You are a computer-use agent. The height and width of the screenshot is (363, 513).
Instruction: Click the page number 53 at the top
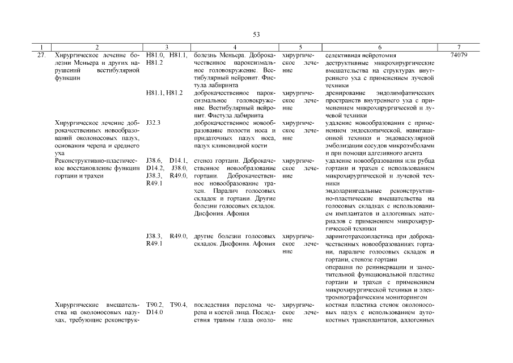(x=256, y=35)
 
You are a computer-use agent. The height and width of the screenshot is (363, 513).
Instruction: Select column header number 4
(x=235, y=47)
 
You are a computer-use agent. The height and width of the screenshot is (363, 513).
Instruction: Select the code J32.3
(x=153, y=123)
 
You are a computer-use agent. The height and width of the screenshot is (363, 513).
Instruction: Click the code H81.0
(x=155, y=55)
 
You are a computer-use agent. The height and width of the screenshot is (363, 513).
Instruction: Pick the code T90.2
(x=155, y=305)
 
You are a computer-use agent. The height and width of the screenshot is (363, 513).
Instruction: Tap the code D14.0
(x=154, y=313)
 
